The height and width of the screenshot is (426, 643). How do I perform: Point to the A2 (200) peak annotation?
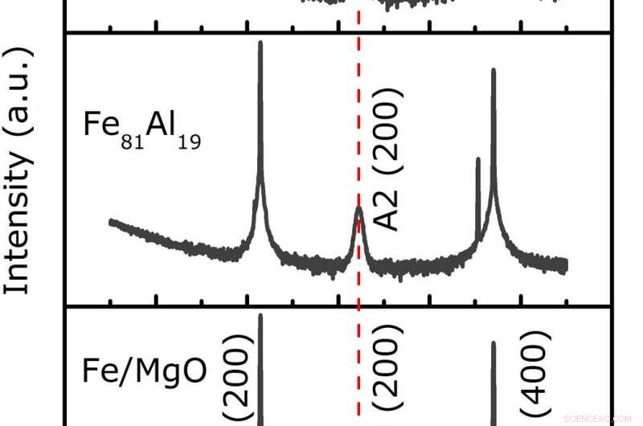point(391,161)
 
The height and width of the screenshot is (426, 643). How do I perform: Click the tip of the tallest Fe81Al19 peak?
point(260,43)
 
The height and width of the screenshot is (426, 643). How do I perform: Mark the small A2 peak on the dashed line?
point(358,211)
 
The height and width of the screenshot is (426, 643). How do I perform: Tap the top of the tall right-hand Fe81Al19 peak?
point(493,71)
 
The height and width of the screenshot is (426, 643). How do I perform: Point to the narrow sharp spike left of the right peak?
point(478,161)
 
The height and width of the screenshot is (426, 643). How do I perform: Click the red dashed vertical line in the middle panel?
point(358,121)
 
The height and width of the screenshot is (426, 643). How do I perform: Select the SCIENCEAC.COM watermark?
point(600,418)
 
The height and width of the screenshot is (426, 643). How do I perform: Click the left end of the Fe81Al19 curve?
point(111,222)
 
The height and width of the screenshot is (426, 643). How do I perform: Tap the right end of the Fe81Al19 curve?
point(566,264)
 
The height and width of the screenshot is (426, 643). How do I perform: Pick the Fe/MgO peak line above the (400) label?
point(493,378)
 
